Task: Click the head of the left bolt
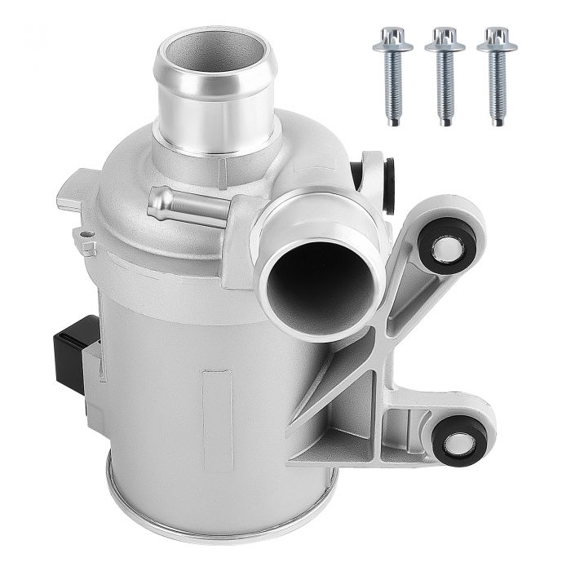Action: (392, 37)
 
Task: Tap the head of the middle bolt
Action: (445, 37)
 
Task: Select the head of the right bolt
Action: (497, 37)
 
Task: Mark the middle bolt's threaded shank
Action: (445, 90)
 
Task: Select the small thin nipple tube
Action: (175, 205)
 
